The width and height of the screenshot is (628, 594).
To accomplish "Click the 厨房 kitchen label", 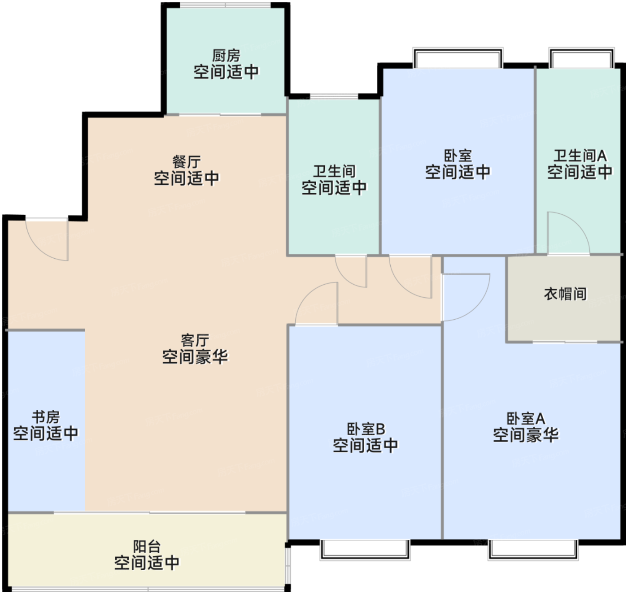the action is tap(226, 56).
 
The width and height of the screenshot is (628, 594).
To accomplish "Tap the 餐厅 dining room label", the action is tap(187, 162).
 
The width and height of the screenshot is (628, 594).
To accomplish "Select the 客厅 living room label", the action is tap(195, 340).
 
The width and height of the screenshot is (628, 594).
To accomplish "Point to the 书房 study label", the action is tap(46, 417).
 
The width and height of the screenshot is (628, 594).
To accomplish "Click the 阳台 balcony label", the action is tap(147, 546).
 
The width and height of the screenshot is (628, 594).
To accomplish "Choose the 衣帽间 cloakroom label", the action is tap(565, 294).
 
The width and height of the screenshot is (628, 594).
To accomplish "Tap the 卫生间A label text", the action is tap(580, 156).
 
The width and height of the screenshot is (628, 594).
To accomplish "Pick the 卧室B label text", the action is tap(366, 429).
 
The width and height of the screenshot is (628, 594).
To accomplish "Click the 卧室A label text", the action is tap(526, 419).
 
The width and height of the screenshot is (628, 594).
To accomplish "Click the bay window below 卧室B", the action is tap(365, 550).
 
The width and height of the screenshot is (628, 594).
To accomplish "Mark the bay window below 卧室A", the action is tap(533, 550).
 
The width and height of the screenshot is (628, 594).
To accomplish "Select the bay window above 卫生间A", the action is tap(581, 57).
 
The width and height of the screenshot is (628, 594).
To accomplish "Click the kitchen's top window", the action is tap(226, 5).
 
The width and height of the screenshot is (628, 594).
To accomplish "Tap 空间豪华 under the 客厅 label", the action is tap(195, 356).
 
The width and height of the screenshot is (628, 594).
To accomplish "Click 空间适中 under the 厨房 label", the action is tap(226, 72).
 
